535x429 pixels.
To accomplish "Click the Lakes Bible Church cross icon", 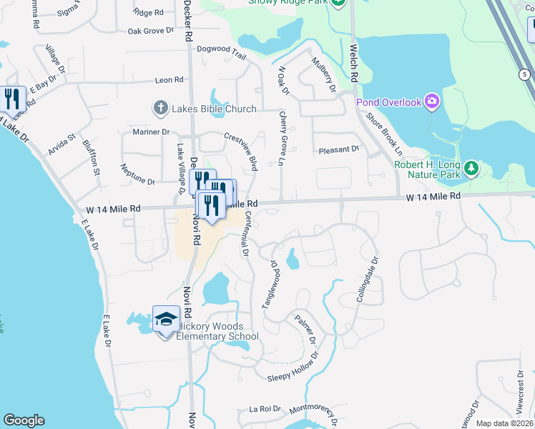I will click(159, 109).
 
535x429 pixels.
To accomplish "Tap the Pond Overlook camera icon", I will click(431, 102).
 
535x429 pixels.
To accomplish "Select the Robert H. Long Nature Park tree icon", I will click(471, 168).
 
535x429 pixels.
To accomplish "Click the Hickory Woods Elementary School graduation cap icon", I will click(166, 318).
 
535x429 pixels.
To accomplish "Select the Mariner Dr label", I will click(152, 132).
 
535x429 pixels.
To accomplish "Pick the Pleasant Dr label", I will click(338, 149).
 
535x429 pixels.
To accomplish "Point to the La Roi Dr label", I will click(262, 410).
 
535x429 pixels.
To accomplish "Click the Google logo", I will click(24, 420).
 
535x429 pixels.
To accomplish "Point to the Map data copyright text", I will click(505, 423).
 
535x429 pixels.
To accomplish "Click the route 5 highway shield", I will click(524, 74).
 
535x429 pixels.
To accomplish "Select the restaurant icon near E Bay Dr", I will click(11, 98).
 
